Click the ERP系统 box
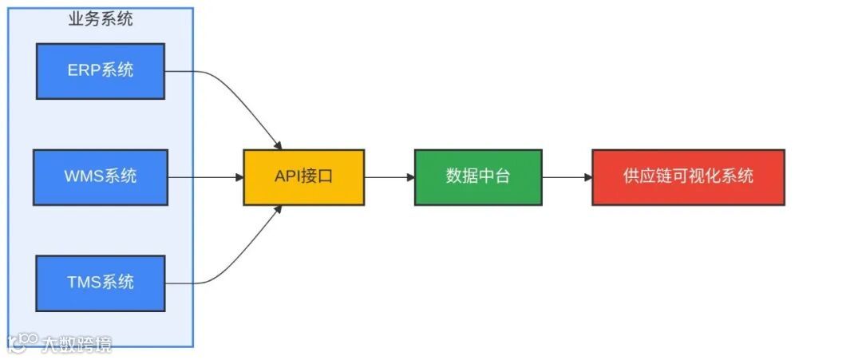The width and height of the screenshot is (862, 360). point(101,71)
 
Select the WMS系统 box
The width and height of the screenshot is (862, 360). point(101,176)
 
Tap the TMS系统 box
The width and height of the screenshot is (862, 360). point(101,283)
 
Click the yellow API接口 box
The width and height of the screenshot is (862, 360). point(303,176)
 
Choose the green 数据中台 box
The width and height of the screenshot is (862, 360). point(478,176)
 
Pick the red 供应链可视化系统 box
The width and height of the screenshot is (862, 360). point(688,176)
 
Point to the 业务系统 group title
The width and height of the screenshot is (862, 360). point(101,19)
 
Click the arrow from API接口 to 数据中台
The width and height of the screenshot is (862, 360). point(389,176)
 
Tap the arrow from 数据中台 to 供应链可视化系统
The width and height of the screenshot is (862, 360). point(567,176)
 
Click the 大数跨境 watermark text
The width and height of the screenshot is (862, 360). point(77,344)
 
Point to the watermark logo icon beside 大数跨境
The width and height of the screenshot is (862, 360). point(23,342)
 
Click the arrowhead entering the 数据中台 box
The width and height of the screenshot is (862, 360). point(409,176)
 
